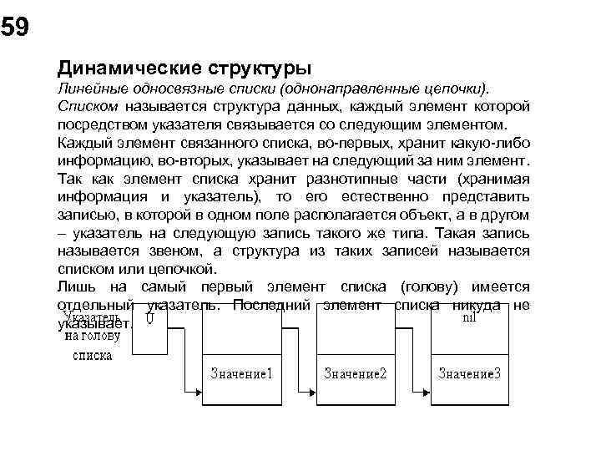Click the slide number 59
tap(14, 28)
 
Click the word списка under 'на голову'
tap(93, 354)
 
